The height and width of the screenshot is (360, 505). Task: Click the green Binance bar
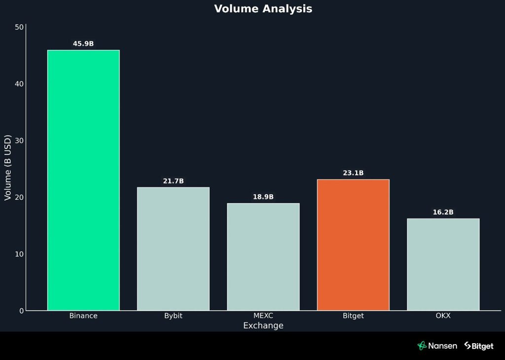tap(83, 180)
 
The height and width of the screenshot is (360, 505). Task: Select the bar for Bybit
tap(173, 249)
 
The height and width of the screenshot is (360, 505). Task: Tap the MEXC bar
tap(263, 256)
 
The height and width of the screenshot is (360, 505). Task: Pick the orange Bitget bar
tap(353, 245)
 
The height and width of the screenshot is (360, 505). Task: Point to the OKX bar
tap(443, 264)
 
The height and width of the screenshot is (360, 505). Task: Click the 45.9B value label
tap(83, 44)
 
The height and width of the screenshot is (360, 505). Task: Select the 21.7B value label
tap(173, 181)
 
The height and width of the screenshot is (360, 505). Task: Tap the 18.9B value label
tap(263, 197)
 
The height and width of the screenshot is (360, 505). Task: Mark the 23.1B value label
tap(353, 173)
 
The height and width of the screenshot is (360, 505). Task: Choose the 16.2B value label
tap(443, 213)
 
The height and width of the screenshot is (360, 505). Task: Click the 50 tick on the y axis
tap(20, 27)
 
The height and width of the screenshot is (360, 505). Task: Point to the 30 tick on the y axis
tap(20, 141)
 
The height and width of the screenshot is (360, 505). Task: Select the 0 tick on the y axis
tap(22, 311)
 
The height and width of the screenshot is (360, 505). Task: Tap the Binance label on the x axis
tap(83, 316)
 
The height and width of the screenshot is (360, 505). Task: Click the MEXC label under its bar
tap(263, 316)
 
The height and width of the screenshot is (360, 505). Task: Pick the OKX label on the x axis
tap(443, 316)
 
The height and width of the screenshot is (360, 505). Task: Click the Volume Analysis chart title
tap(263, 9)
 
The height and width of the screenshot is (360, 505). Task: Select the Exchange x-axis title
tap(263, 325)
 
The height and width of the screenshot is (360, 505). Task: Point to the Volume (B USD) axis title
tap(7, 168)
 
